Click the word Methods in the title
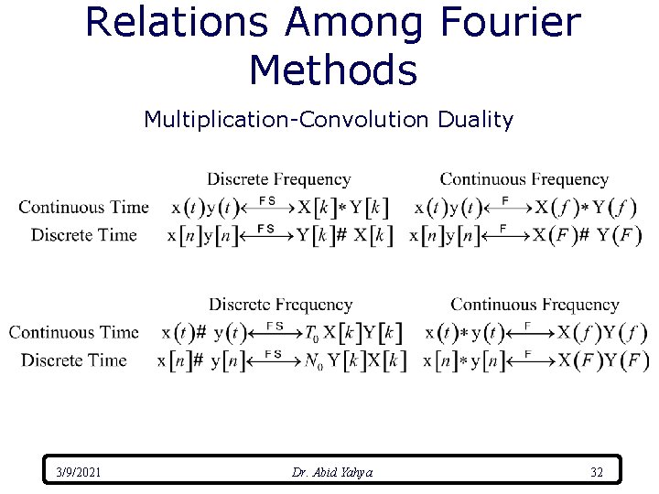tap(332, 69)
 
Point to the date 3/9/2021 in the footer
tap(79, 472)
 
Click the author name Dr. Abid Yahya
tap(332, 472)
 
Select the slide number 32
tap(597, 472)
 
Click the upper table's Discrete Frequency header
tap(278, 179)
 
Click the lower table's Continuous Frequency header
tap(535, 304)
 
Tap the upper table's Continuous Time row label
tap(83, 207)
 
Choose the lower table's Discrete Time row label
tap(74, 360)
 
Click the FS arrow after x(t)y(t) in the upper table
tap(267, 207)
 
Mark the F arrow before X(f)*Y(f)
tap(504, 207)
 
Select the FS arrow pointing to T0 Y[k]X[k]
tap(274, 332)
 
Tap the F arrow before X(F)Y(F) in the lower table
tap(527, 360)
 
